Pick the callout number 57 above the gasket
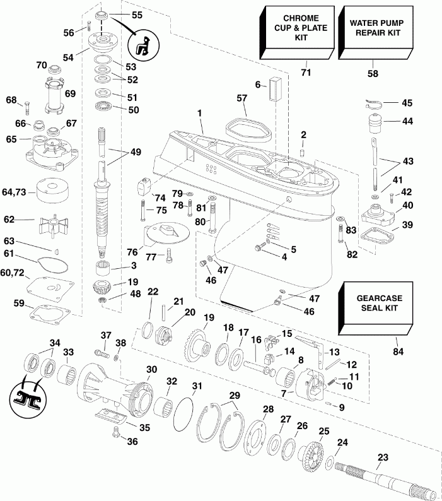(x=242, y=98)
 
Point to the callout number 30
(x=151, y=369)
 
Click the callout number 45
(x=408, y=102)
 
